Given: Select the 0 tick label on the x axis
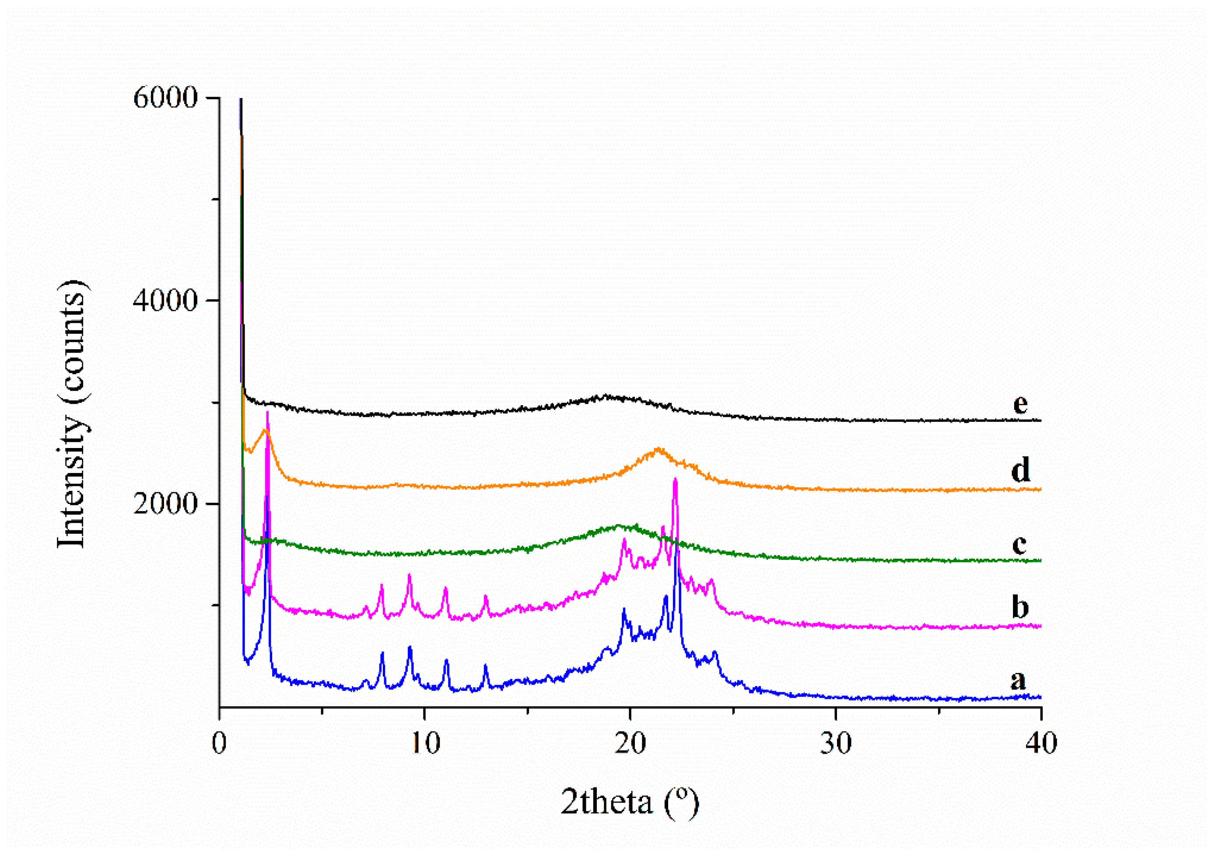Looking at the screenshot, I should click(220, 743).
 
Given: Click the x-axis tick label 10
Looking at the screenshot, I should click(425, 743).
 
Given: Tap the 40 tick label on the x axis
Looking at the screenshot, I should click(1041, 743).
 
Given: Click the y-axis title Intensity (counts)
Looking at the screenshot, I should click(72, 414).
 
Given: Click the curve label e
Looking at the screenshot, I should click(1020, 404).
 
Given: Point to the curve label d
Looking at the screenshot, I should click(1020, 469).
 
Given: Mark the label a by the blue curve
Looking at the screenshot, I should click(1018, 680).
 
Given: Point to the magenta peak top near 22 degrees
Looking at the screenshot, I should click(675, 479).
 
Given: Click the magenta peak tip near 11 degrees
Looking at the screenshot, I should click(445, 588).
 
